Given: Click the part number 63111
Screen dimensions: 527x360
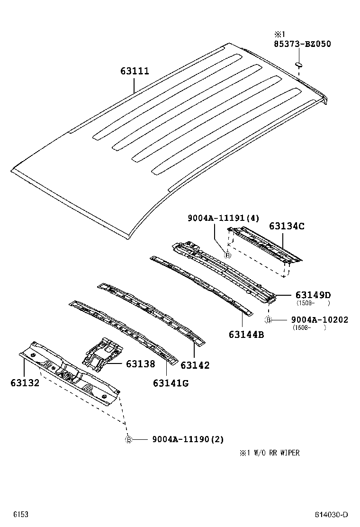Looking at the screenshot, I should pos(135,72).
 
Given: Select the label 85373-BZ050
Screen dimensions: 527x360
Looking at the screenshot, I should pos(302,44).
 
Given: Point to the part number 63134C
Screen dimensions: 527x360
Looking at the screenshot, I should pos(287,226).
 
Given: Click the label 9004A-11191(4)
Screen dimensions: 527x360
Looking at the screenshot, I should pos(224,218).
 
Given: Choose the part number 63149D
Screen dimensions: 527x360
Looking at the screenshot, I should pos(313,295).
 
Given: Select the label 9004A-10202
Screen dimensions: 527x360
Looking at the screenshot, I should pos(320,320).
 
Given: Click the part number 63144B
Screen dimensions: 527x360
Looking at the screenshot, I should pos(246,335).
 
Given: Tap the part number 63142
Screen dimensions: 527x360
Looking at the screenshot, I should pos(195,365).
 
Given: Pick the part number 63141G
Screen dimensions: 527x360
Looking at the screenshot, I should pos(171,383).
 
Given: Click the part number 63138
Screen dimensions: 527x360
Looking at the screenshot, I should pos(140,363).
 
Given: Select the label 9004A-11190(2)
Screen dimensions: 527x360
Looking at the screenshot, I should pos(188,439).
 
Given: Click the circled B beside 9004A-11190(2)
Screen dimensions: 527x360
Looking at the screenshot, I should pos(128,440).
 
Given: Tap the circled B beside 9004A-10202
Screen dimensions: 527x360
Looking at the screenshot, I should pos(268,320).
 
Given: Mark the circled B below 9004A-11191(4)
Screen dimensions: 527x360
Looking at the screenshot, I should pos(227,255).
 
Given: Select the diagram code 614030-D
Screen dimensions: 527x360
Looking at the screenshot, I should pos(332,515).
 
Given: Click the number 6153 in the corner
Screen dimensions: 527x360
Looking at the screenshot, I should pos(20,514).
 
